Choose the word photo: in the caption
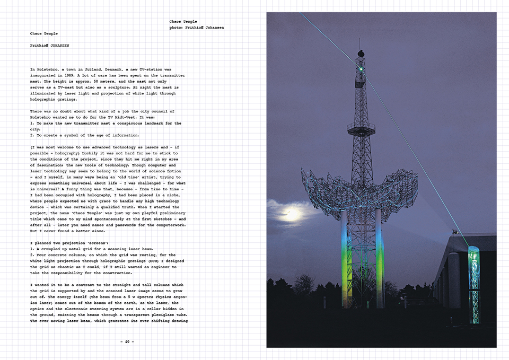click(x=177, y=27)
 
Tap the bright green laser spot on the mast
click(x=361, y=68)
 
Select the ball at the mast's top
click(x=361, y=53)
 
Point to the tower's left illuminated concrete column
click(x=345, y=260)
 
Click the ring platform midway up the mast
click(x=361, y=127)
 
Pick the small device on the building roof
click(x=454, y=232)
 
